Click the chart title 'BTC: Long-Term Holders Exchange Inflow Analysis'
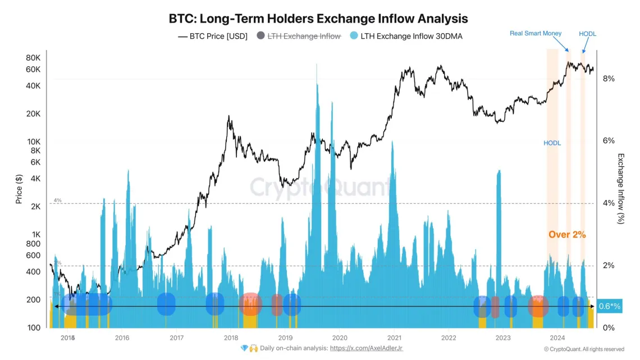pos(318,19)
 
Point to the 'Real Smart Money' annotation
pos(535,34)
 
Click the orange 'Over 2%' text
pos(567,235)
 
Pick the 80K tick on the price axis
pos(33,58)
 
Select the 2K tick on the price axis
pos(35,207)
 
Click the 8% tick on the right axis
pos(609,79)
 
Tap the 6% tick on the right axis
pos(609,141)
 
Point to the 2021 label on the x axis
pos(394,338)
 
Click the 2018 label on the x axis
pos(231,338)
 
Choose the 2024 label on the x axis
pos(557,338)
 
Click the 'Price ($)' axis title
pos(19,189)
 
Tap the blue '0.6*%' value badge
pos(609,306)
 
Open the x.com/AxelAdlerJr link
pos(366,349)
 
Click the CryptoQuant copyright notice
pos(584,349)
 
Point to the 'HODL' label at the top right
pos(587,34)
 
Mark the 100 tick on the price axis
pos(34,328)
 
